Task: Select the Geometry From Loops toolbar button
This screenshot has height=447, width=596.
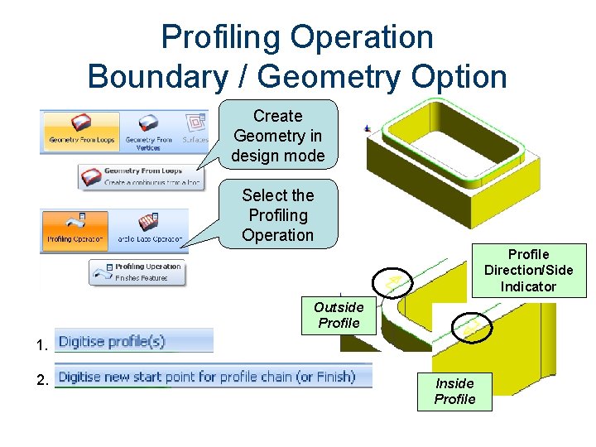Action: (x=81, y=131)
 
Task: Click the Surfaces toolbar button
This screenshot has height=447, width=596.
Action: (x=195, y=129)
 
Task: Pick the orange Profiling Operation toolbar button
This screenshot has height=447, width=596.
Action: (x=75, y=229)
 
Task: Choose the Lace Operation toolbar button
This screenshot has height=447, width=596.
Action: (x=149, y=229)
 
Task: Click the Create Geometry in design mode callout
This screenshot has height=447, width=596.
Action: (x=277, y=136)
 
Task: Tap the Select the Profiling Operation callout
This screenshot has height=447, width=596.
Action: (x=277, y=215)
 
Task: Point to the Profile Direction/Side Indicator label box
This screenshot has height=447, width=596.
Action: (x=528, y=270)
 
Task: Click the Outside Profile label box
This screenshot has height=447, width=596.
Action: (x=339, y=315)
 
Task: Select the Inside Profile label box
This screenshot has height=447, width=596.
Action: (x=454, y=391)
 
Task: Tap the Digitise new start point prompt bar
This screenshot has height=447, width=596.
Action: (x=207, y=377)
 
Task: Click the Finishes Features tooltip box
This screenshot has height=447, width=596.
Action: (x=137, y=272)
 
